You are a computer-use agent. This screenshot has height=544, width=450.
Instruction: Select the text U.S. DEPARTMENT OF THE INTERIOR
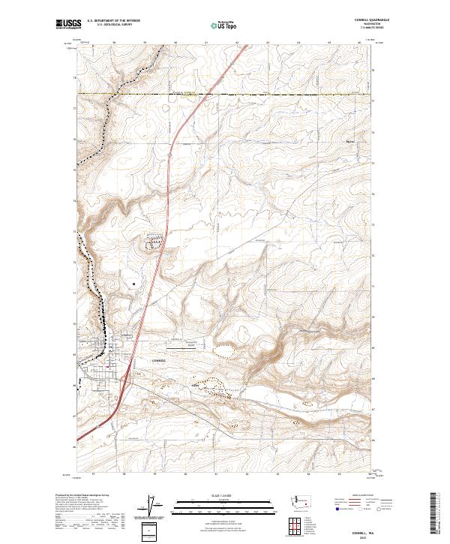tap(113, 20)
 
